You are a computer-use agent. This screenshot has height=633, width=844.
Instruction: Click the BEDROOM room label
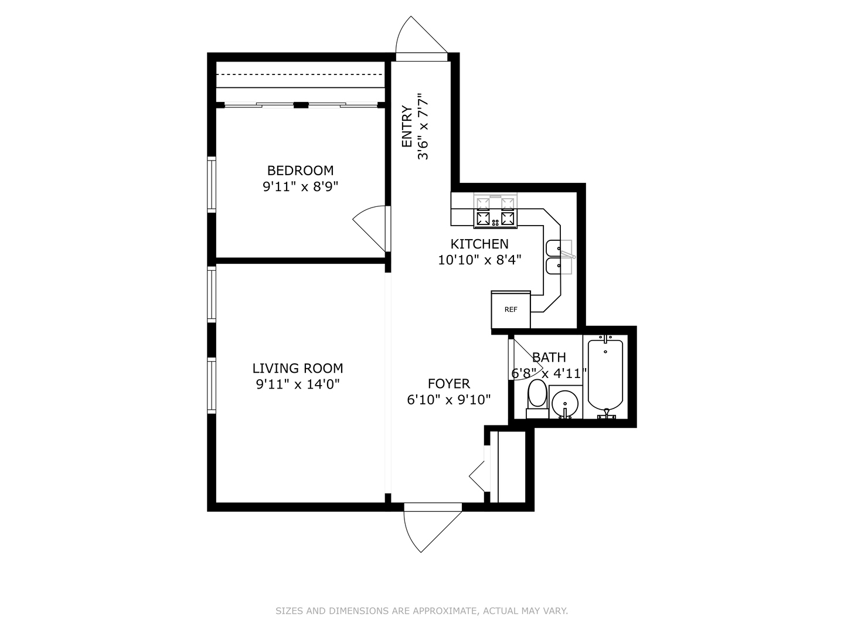click(300, 171)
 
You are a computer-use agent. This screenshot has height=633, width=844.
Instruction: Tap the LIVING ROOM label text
click(298, 368)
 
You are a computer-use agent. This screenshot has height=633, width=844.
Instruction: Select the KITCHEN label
click(479, 244)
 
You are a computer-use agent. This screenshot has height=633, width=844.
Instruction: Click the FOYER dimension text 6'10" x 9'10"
click(448, 400)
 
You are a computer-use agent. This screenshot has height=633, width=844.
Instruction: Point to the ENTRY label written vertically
click(407, 126)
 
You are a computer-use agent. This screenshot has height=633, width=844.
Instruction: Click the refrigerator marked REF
click(511, 309)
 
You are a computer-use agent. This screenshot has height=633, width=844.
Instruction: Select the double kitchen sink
click(559, 257)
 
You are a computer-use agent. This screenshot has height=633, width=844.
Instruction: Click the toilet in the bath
click(537, 399)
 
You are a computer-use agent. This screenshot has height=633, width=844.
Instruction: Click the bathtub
click(605, 375)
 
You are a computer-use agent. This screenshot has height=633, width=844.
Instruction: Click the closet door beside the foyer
click(479, 475)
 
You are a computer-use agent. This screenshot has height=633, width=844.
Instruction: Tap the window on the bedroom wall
click(212, 183)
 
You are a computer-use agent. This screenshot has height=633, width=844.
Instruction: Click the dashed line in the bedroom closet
click(300, 75)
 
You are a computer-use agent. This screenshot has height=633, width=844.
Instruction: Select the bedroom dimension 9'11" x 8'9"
click(301, 187)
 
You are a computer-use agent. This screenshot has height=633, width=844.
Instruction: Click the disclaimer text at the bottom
click(421, 611)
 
